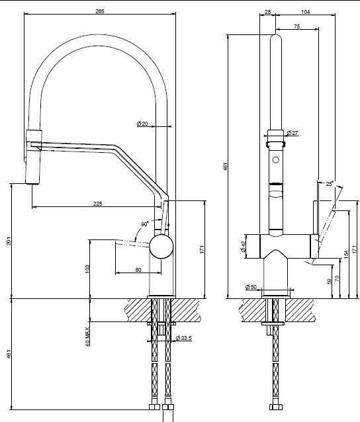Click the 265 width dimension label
point(100,11)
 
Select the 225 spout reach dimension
point(98,204)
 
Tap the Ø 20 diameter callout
point(142,124)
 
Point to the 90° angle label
point(145,224)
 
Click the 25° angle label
point(330,184)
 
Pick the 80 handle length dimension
point(138,270)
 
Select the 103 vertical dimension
point(87,269)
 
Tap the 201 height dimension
point(9,241)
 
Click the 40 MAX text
point(87,337)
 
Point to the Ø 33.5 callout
point(183,338)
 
